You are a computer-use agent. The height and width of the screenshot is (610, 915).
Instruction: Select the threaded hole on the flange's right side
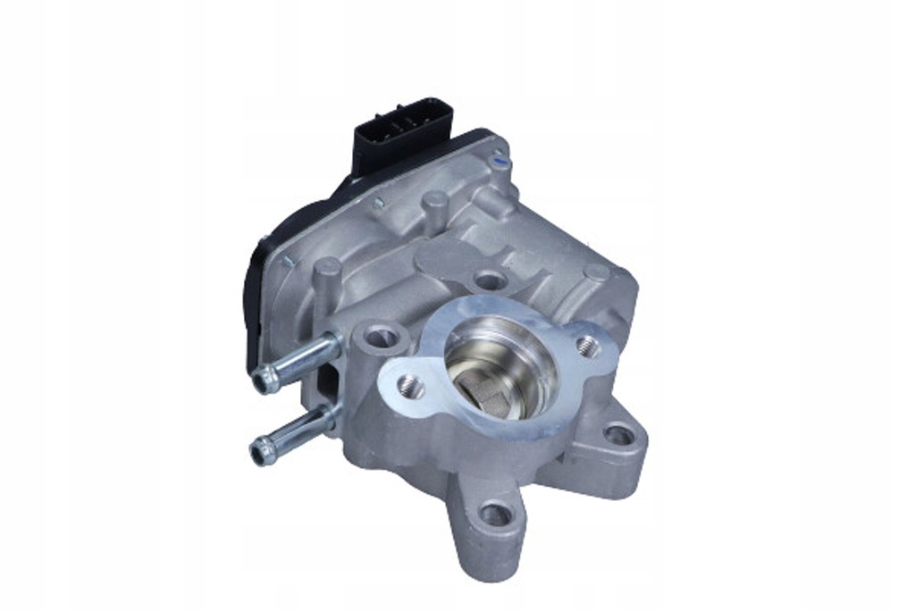[586, 344]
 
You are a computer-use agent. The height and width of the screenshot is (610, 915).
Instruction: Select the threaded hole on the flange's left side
[409, 386]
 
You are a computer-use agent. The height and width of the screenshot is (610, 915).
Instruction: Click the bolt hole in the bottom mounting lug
[494, 514]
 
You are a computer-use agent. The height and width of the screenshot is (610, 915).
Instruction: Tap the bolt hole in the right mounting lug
[617, 435]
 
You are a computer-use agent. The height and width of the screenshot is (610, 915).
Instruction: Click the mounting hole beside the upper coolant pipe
[379, 337]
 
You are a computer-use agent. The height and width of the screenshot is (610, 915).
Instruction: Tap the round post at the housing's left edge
[328, 273]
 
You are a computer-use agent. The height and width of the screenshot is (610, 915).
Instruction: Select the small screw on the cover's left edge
[287, 263]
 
